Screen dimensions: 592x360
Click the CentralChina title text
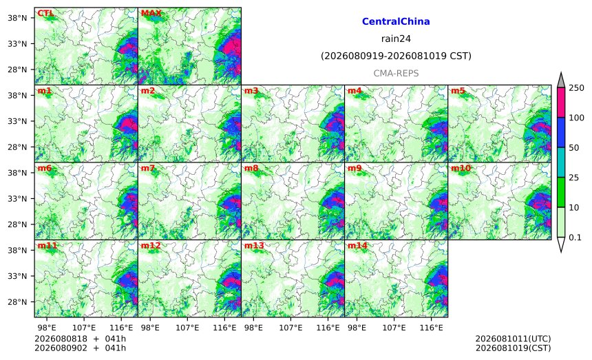click(x=396, y=21)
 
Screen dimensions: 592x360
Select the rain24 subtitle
click(x=396, y=39)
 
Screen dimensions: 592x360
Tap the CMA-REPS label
click(x=396, y=73)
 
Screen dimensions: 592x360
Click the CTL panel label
click(x=45, y=14)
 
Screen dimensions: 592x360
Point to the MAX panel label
click(x=151, y=14)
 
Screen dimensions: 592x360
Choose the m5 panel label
click(x=458, y=91)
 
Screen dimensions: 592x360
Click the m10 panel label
click(x=461, y=168)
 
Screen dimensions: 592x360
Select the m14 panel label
click(x=357, y=246)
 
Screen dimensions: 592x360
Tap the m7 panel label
click(x=148, y=168)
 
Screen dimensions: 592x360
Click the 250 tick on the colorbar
click(x=577, y=88)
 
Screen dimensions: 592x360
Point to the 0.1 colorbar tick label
click(x=575, y=237)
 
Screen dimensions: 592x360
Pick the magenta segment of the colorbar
click(x=560, y=103)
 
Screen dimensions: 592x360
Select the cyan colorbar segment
click(x=560, y=162)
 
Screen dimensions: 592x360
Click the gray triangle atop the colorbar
click(x=560, y=81)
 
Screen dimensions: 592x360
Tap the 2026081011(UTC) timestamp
click(x=513, y=339)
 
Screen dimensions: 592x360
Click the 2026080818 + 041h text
click(x=80, y=339)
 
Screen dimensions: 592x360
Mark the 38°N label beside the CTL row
click(x=17, y=18)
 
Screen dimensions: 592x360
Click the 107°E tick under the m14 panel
click(x=394, y=328)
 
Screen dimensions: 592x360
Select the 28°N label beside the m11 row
click(x=17, y=302)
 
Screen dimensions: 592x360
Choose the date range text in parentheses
click(x=396, y=56)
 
